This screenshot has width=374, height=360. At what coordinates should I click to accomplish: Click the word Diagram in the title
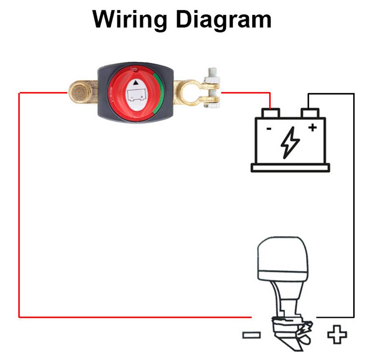point(223,19)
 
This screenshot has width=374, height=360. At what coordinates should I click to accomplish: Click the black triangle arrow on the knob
point(136,83)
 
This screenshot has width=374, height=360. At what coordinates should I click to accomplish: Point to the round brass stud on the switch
point(81,93)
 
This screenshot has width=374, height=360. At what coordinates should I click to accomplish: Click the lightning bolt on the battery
point(290,143)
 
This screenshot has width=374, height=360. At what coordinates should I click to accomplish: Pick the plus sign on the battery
point(312,127)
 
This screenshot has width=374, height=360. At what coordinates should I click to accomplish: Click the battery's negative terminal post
point(270,114)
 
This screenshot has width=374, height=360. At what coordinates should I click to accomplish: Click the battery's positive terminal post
point(309,114)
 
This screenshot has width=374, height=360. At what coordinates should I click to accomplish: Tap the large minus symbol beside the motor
point(251,335)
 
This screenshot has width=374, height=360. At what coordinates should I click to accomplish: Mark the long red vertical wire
point(19,205)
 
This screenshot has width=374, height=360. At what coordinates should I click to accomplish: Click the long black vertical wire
point(354,205)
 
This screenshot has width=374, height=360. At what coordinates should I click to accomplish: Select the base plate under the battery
point(290,168)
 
